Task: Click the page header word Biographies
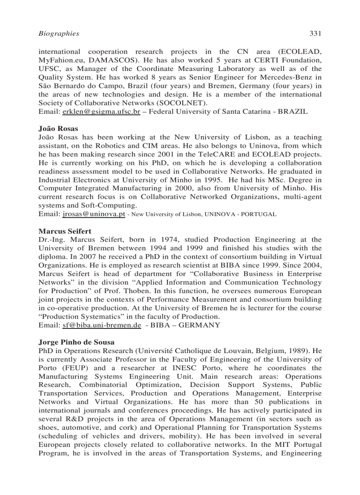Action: pos(59,33)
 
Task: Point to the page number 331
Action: pos(315,33)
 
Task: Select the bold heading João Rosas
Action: pos(58,129)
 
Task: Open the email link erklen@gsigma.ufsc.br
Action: pos(101,112)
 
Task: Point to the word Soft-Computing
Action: pos(108,206)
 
